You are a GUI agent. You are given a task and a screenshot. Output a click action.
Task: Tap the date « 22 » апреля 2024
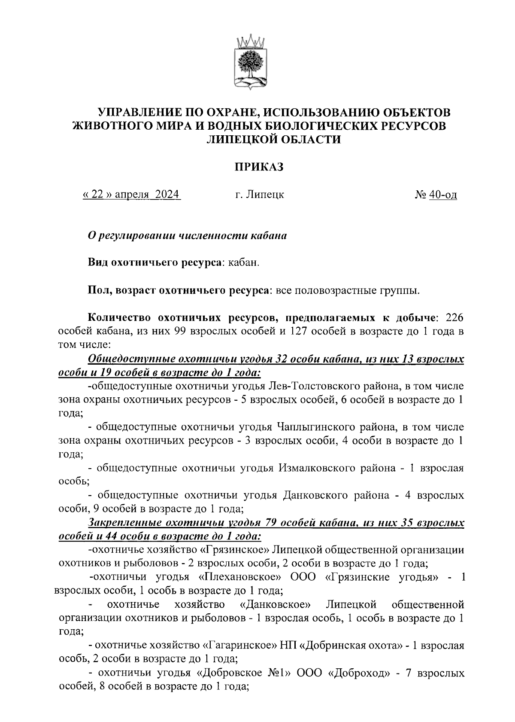click(131, 195)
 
